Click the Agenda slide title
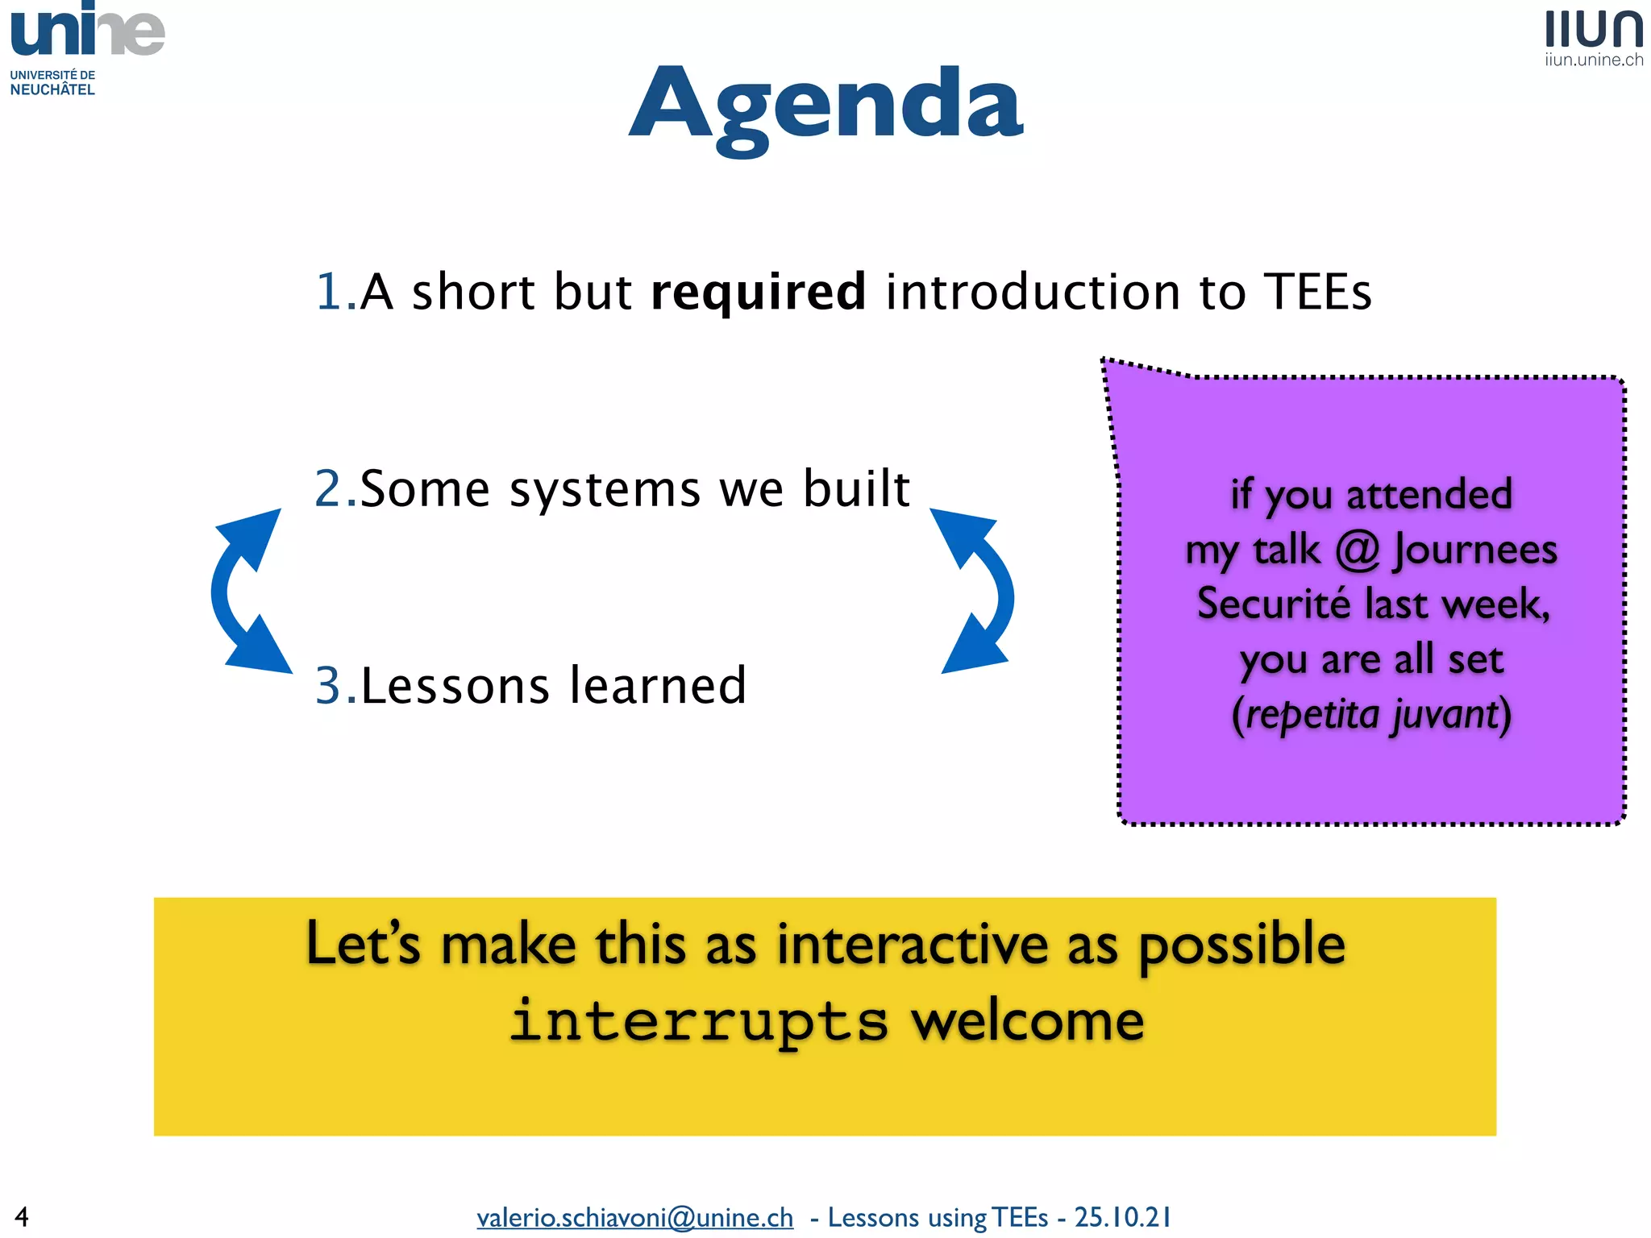point(825,105)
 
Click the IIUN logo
point(1594,30)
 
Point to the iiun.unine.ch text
point(1594,60)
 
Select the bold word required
point(758,292)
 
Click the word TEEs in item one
point(1317,292)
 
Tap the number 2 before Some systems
point(329,488)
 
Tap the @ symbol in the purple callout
point(1358,550)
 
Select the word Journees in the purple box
point(1475,550)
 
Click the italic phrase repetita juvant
point(1371,715)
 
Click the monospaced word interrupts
point(698,1020)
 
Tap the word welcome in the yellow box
point(1027,1020)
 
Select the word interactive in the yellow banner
point(913,944)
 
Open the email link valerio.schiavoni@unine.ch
point(634,1217)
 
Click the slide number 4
point(22,1215)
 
